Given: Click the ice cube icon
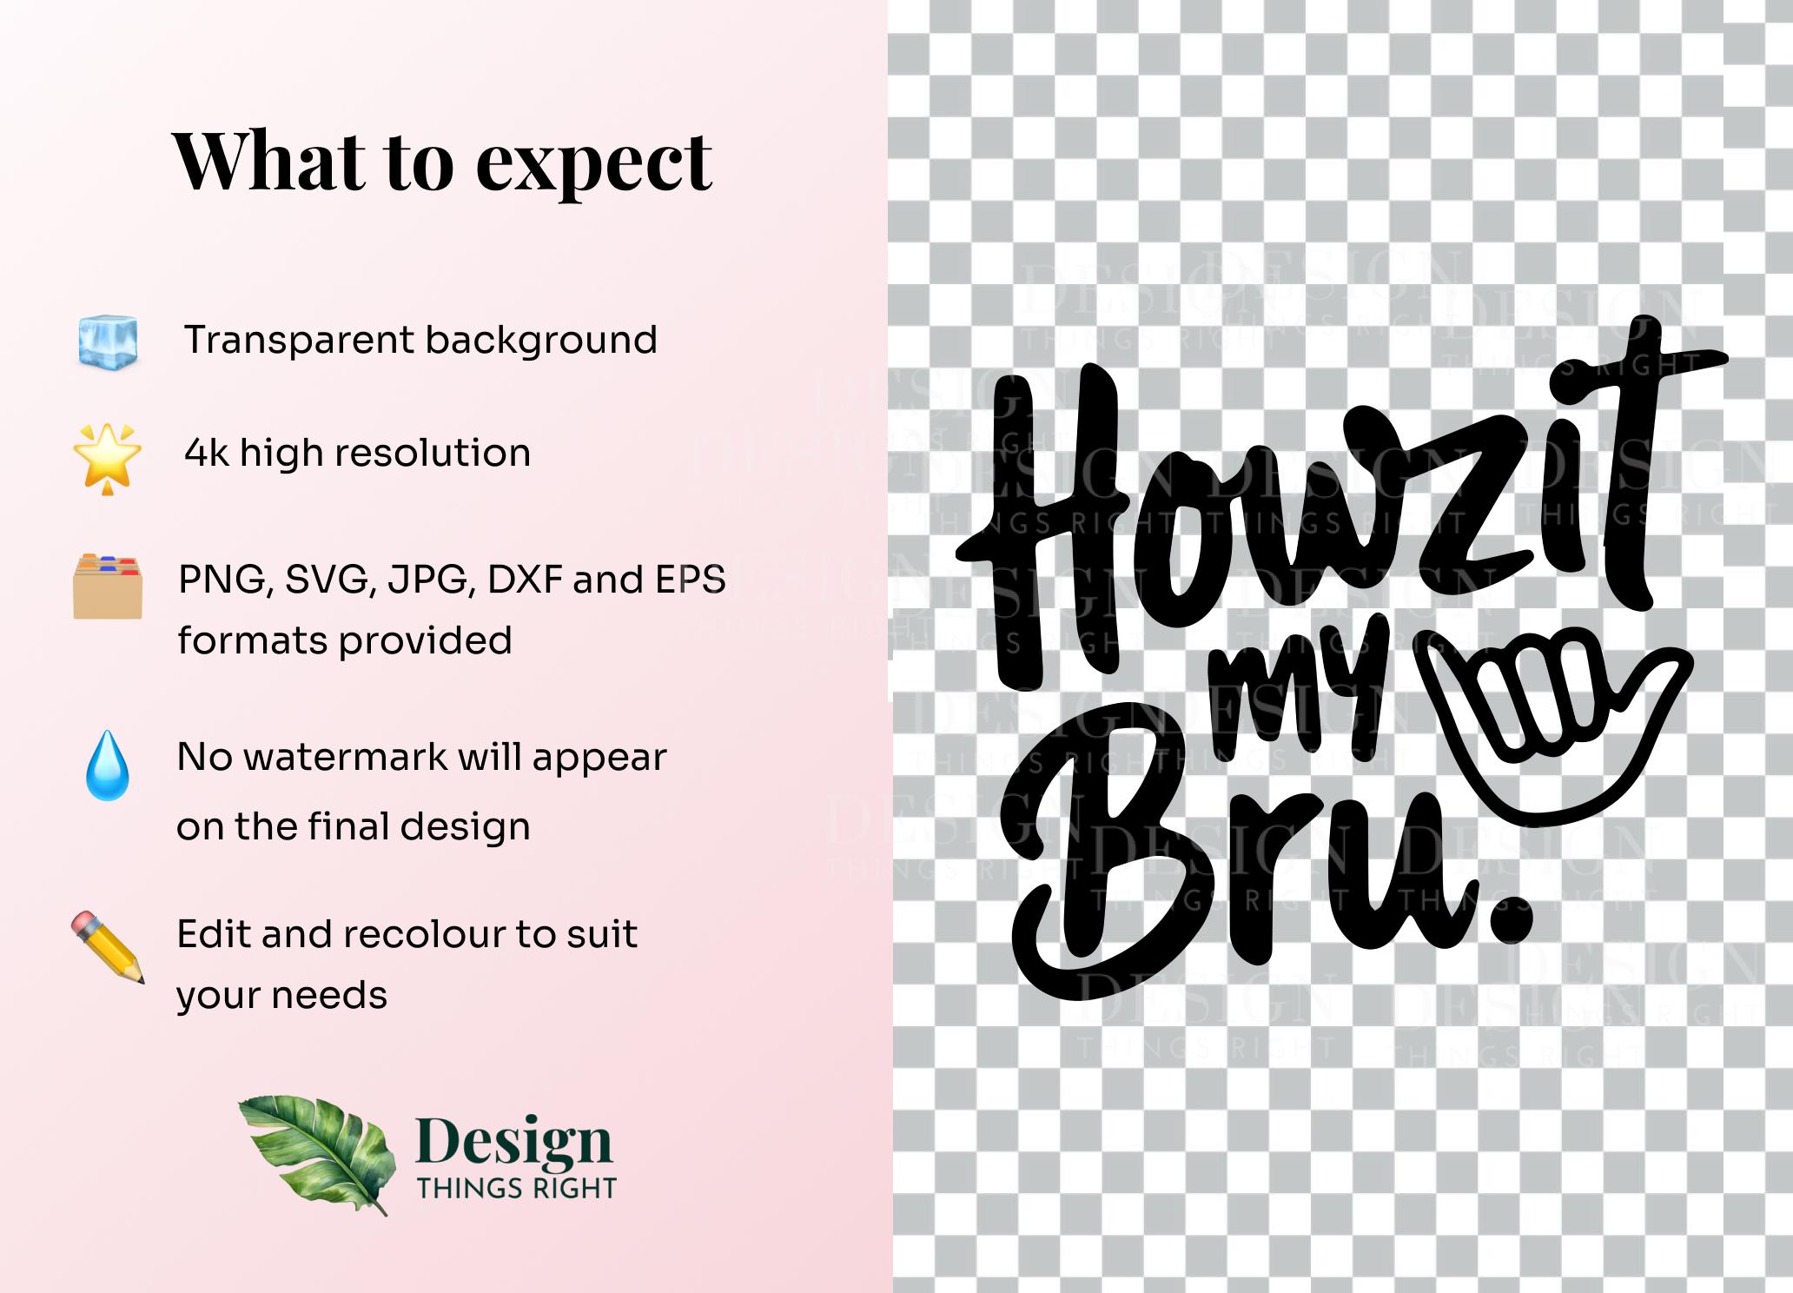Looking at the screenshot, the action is point(108,341).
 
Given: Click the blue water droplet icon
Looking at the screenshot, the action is point(108,765).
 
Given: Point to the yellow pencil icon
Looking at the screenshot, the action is point(108,947).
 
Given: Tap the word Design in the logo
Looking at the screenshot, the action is point(514,1142).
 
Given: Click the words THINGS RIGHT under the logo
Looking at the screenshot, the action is point(517,1188).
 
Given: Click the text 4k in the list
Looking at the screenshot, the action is point(207,453).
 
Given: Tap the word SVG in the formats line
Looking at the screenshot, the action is point(331,580).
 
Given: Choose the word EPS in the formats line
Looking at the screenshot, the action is point(691,580).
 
